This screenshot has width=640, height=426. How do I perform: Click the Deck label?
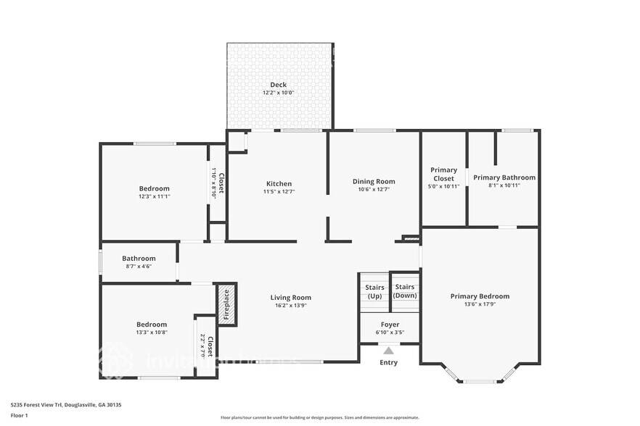click(x=278, y=85)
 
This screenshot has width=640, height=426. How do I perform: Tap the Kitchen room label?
click(x=279, y=184)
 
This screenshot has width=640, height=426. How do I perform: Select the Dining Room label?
click(x=374, y=182)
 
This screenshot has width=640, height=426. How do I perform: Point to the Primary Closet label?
click(x=443, y=174)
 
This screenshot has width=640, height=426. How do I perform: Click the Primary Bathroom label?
click(x=504, y=177)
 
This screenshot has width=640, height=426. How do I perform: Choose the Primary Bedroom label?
click(x=480, y=296)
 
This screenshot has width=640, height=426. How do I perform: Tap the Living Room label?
click(x=290, y=298)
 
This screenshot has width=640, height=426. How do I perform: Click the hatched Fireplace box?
click(x=226, y=304)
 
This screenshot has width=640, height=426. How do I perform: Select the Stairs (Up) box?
click(x=374, y=291)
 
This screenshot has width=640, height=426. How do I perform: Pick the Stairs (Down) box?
click(x=406, y=291)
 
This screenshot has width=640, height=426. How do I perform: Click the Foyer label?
click(x=390, y=325)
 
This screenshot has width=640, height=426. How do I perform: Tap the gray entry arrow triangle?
click(x=389, y=351)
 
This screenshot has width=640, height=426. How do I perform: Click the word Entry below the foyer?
click(x=389, y=362)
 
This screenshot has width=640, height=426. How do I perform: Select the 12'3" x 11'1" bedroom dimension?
click(x=154, y=196)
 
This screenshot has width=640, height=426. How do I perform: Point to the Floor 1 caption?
click(x=19, y=415)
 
